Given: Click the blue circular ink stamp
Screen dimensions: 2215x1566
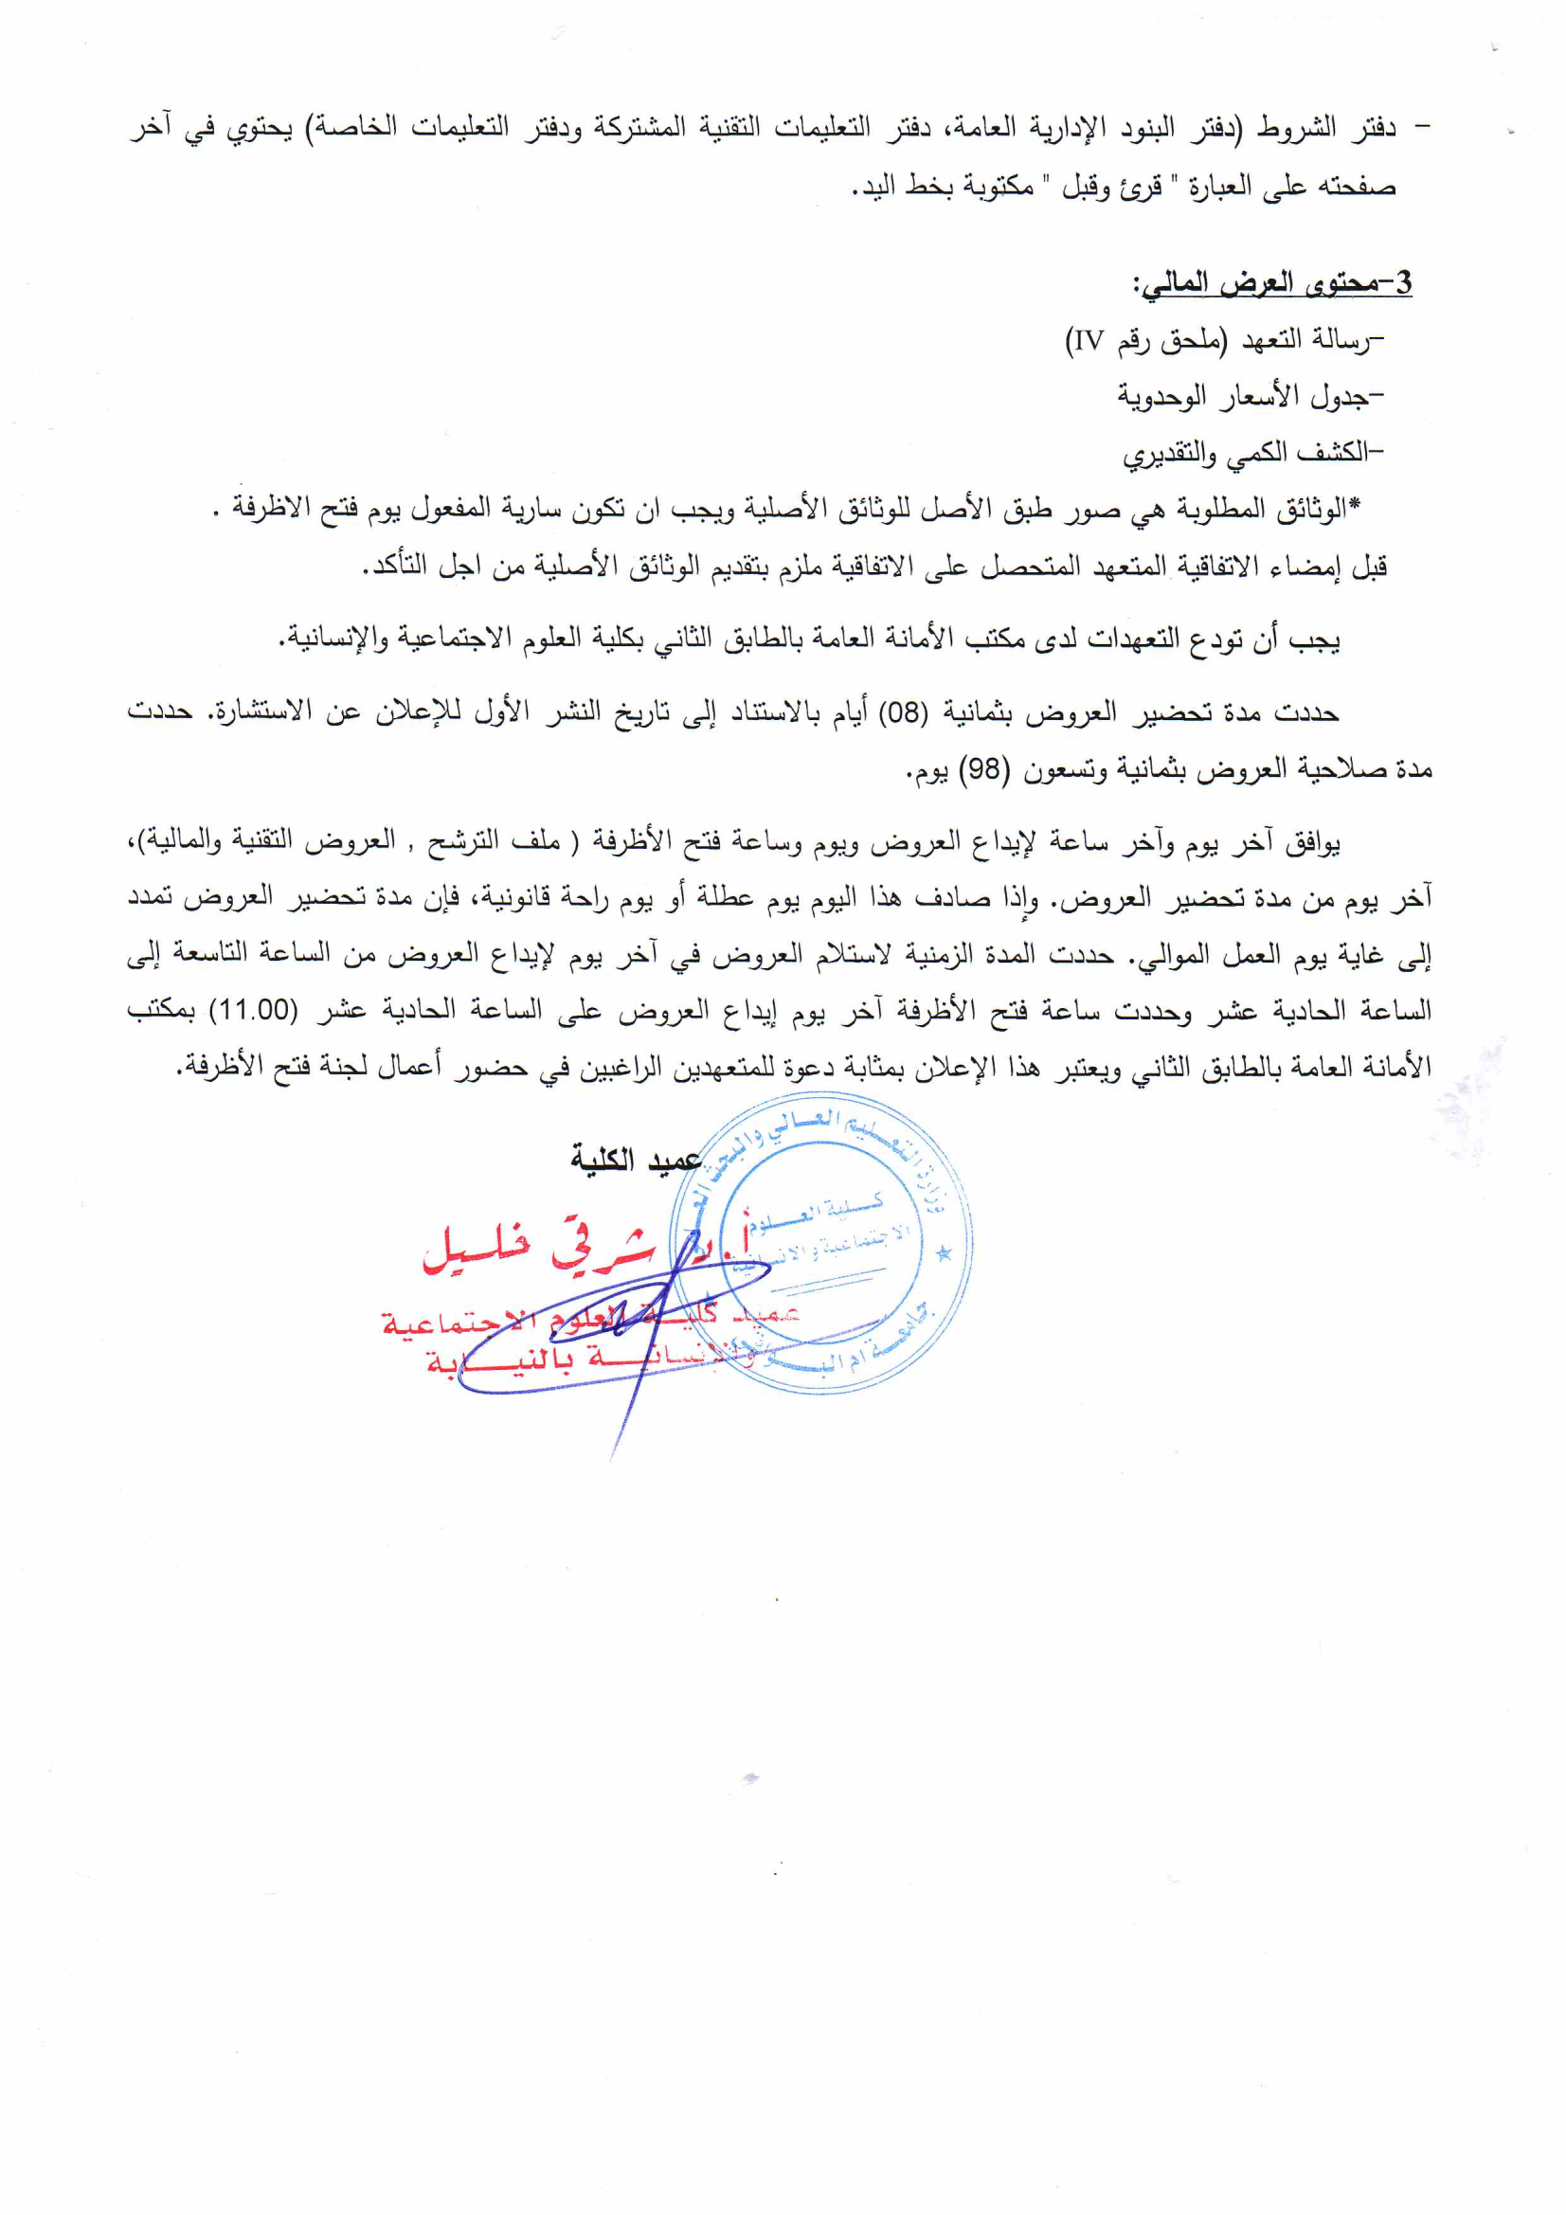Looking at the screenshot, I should click(x=821, y=1245).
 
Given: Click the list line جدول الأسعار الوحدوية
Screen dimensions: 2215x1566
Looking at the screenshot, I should click(x=1249, y=396).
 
